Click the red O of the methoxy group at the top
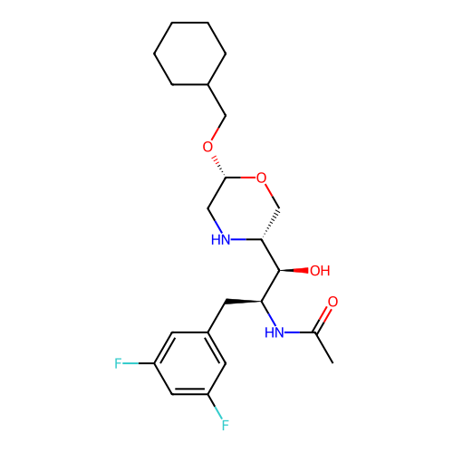pos(207,148)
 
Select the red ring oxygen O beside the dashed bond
pos(261,178)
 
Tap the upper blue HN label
pos(220,240)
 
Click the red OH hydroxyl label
pos(320,271)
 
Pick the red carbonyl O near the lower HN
pos(333,303)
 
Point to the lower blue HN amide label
pos(275,333)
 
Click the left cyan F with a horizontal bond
pos(118,364)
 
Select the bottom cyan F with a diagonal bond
pos(225,425)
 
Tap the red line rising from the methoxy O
pos(215,134)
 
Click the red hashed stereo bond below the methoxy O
pos(216,160)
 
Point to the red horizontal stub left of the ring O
pos(247,177)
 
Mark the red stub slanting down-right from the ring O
pos(269,189)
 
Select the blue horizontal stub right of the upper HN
pos(238,239)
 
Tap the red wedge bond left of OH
pos(301,270)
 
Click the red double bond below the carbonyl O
pos(324,315)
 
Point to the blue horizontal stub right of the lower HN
pos(293,333)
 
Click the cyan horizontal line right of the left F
pos(130,364)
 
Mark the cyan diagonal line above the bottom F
pos(217,413)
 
